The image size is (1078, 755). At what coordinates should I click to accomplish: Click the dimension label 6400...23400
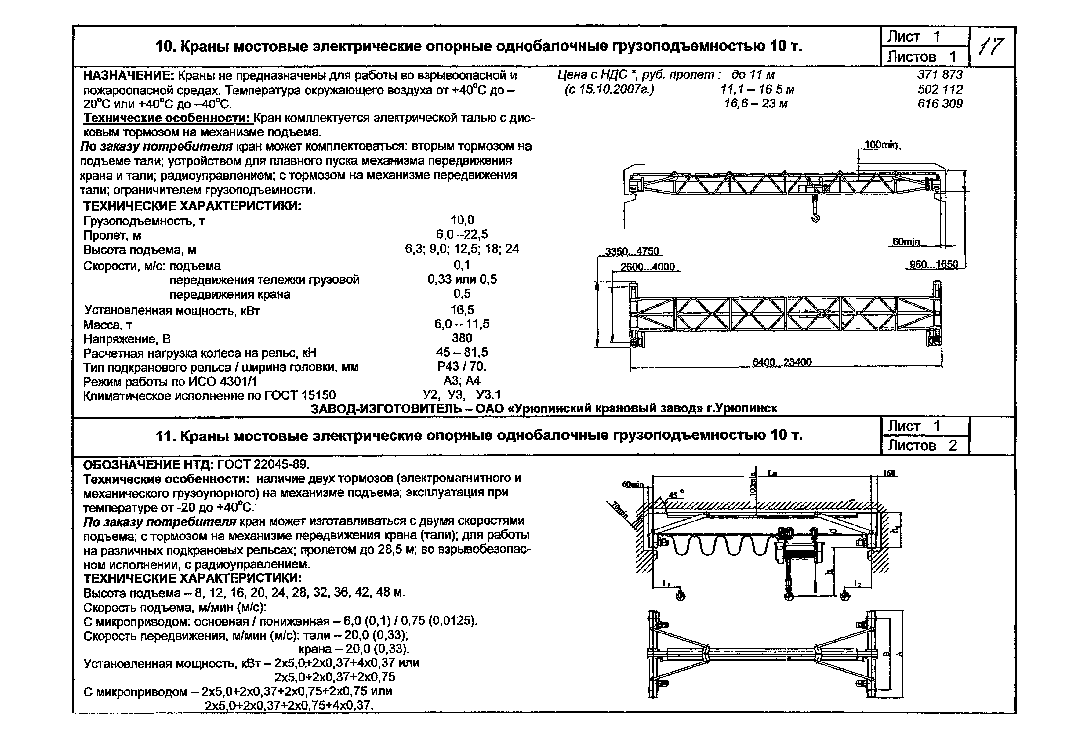(782, 362)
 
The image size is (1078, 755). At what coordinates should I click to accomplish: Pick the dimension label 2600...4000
(648, 267)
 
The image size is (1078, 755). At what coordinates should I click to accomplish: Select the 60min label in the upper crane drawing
(906, 242)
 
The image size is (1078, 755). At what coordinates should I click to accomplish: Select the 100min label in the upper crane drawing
(881, 145)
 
